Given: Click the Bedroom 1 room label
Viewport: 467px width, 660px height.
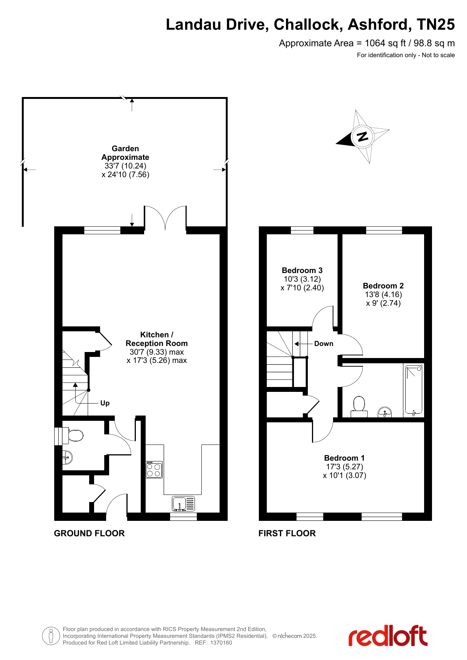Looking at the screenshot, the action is coord(344,458).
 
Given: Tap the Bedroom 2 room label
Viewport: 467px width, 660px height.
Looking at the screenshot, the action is coord(383,286).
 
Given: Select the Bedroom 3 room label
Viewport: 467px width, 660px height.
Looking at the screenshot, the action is coord(302,270).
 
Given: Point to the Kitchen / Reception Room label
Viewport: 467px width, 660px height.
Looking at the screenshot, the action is coord(157,339).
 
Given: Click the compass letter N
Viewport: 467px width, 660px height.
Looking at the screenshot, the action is coord(362,137).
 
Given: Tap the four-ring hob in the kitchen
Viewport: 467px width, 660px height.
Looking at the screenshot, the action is coord(154,470).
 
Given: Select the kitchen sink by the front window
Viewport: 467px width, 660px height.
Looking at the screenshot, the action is coord(184,504).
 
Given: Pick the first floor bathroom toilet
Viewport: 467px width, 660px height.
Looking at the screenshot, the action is coord(359,407).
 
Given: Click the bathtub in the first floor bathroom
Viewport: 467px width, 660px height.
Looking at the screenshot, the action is coord(414,390).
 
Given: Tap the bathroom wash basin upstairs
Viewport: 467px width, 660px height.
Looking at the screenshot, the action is coord(385,412).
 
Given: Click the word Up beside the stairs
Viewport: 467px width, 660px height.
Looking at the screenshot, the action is coord(105,404).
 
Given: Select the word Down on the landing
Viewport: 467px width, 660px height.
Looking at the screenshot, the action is coord(324,344).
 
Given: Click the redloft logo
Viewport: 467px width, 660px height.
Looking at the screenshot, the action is coord(388,636).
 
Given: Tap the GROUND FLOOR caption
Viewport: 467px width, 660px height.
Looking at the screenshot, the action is coord(89,533).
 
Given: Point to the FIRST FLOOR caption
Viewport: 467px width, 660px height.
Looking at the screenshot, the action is coord(287,533).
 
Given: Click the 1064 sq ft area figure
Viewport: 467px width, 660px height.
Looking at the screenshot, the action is coord(383,43).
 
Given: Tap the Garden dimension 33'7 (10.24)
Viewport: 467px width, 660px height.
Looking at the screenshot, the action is coord(125,166).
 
